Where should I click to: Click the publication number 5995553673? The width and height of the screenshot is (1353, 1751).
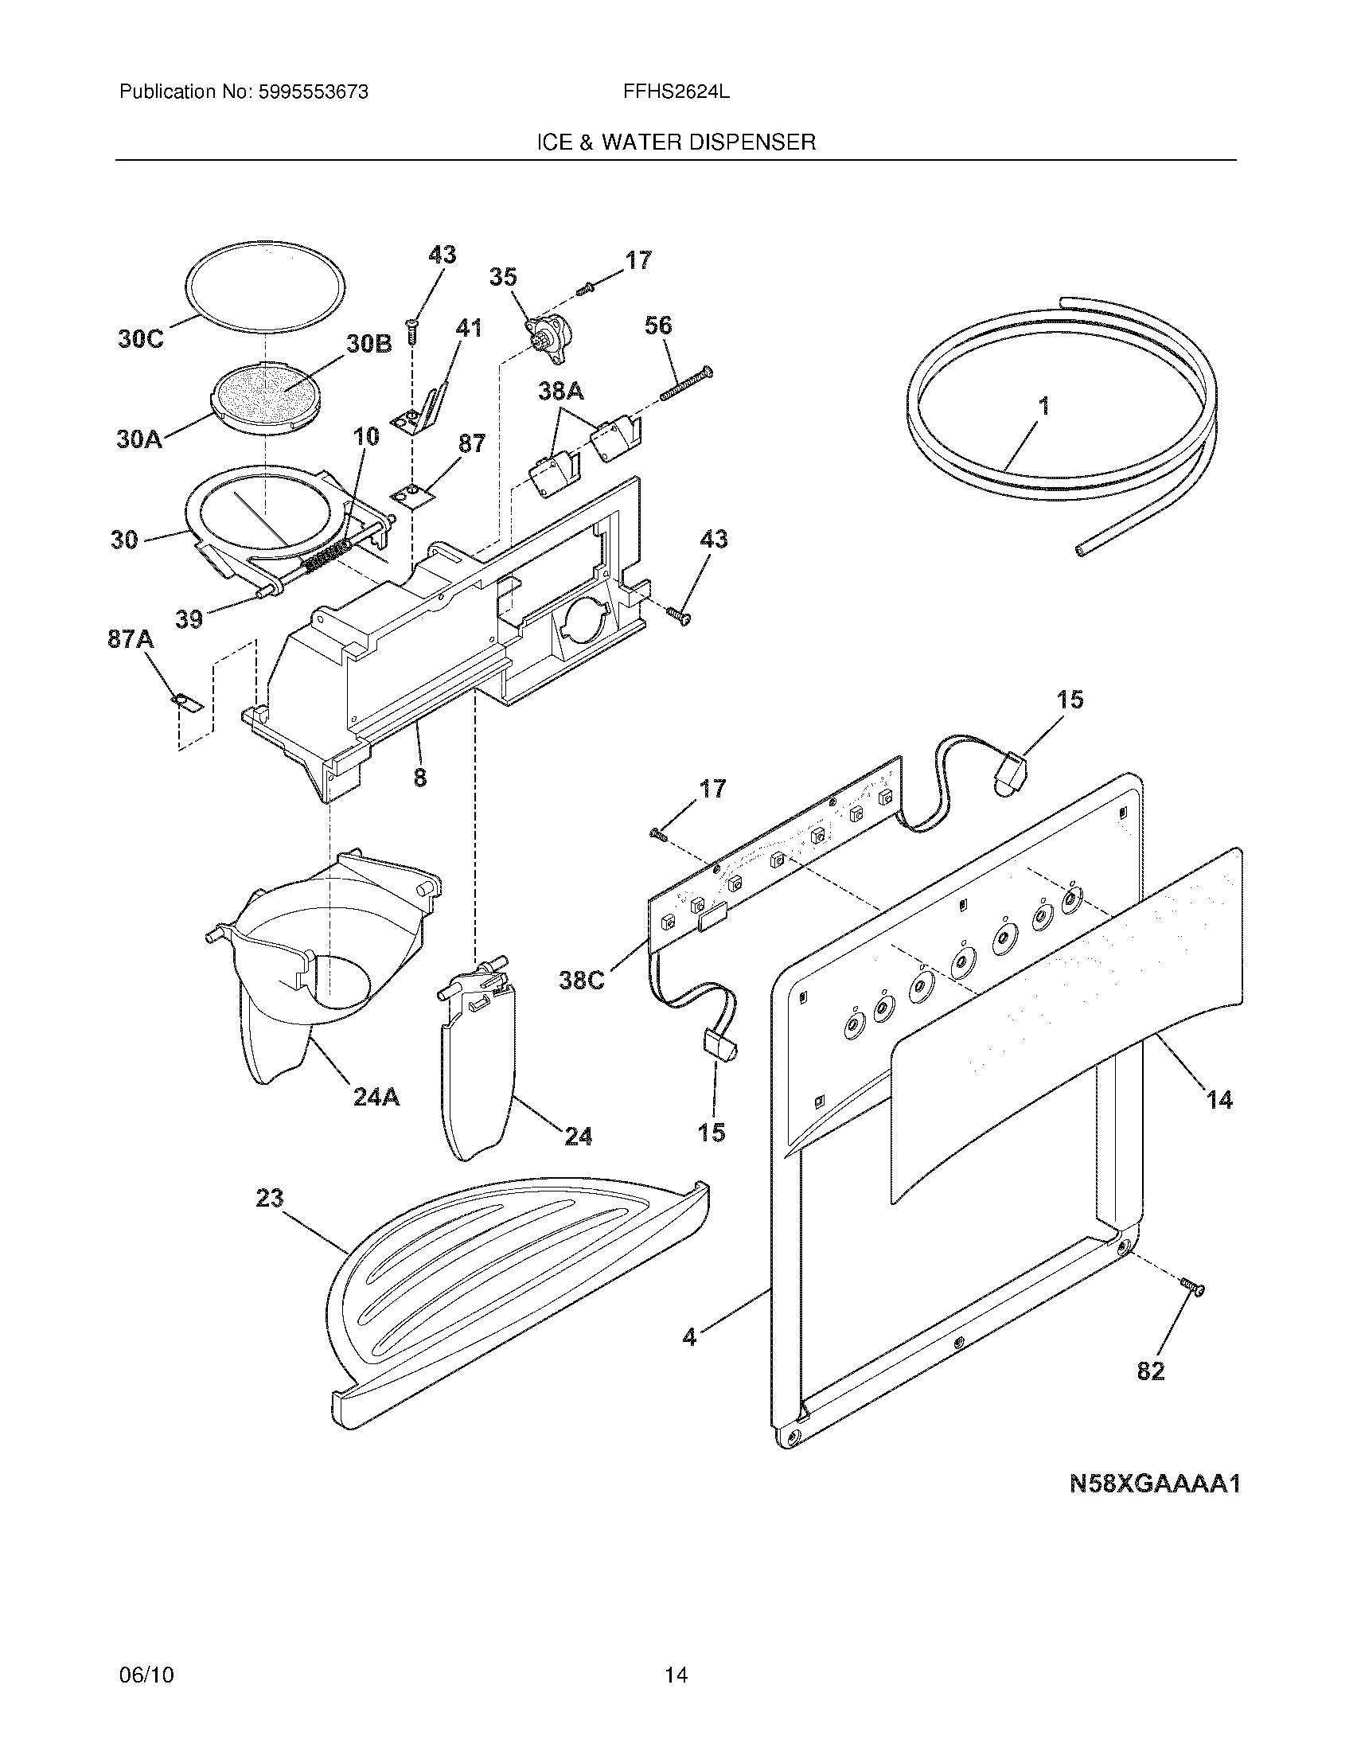click(314, 92)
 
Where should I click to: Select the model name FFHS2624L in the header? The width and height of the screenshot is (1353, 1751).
click(676, 92)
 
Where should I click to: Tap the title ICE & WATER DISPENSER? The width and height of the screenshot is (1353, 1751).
click(676, 142)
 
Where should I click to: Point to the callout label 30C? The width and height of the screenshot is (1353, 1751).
click(140, 339)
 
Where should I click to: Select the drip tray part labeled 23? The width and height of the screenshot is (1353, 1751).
click(513, 1291)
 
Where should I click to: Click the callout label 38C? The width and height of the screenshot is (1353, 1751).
click(582, 980)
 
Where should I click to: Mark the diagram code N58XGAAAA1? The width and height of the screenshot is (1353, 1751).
click(1154, 1484)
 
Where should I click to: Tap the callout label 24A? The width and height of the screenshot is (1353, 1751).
click(376, 1097)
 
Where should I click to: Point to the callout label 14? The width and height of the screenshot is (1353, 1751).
click(1219, 1100)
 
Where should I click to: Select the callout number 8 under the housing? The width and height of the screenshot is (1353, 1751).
click(420, 777)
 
